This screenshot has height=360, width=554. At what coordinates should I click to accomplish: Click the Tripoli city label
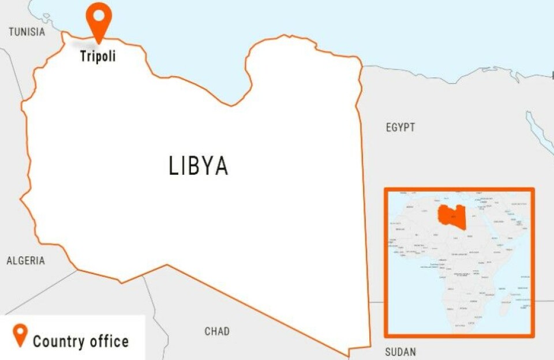pos(98,57)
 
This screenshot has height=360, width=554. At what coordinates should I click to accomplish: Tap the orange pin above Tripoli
pos(99,20)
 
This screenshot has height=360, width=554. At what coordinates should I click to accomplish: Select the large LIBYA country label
pos(199,166)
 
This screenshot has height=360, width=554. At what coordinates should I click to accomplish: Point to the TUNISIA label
pos(27,32)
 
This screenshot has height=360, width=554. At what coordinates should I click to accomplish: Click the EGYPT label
pos(400,127)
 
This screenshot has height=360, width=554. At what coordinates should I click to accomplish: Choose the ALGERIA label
pos(25,261)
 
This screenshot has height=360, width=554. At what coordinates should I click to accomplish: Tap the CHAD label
pos(217,331)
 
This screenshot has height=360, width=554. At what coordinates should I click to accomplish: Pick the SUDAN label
pos(400,352)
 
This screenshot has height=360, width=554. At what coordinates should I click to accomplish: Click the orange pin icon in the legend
pos(21,335)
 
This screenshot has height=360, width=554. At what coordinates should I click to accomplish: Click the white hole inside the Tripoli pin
pos(99,15)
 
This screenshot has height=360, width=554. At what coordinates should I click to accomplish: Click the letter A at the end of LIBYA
pos(221,166)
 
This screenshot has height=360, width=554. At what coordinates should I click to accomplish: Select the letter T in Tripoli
pos(83,56)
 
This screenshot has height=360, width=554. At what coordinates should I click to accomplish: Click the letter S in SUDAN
pos(387,352)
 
